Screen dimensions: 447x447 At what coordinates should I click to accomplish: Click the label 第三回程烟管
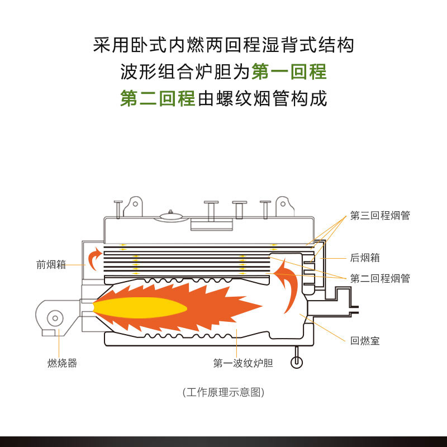pos(380,216)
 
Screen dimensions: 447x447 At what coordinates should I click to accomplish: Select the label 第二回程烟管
pos(380,278)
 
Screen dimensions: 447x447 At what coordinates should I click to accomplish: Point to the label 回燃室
pos(365,340)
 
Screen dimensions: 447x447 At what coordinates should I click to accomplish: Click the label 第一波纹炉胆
pos(243,364)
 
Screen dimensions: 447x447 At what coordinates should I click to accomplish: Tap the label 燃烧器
pos(62,364)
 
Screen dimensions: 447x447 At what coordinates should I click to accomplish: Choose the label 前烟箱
pos(51,265)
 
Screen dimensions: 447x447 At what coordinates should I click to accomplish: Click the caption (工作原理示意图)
pos(223,392)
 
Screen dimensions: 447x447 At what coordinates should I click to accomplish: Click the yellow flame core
pos(140,307)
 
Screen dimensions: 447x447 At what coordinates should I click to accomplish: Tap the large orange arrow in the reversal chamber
pos(288,285)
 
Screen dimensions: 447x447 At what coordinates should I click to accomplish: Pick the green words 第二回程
pos(158,99)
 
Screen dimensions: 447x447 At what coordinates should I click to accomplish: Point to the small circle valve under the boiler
pos(296,363)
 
